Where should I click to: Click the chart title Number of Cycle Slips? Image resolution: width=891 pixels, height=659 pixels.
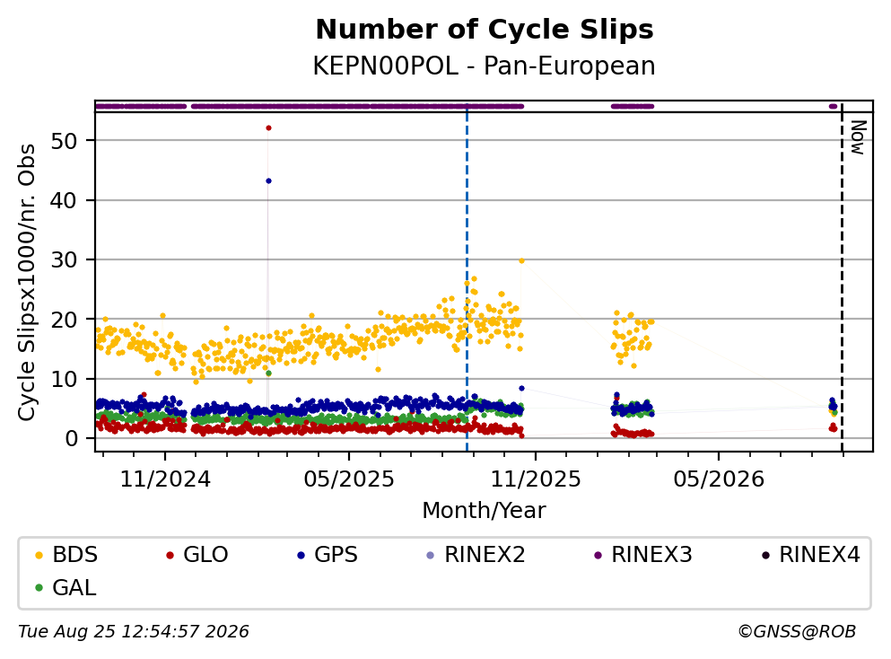(x=485, y=30)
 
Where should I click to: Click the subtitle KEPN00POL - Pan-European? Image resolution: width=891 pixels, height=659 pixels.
(x=485, y=66)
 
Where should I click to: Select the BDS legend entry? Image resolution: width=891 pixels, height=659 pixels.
(x=66, y=554)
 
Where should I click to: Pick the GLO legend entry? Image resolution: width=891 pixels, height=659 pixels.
(x=197, y=554)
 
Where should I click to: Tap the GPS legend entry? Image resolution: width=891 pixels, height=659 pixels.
(x=328, y=554)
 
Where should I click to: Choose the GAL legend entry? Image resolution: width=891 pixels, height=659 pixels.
(x=66, y=587)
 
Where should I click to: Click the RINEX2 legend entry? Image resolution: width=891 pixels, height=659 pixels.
(x=476, y=554)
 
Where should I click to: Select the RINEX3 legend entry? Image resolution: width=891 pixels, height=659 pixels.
(x=643, y=554)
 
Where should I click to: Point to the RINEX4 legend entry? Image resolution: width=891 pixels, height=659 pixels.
(x=811, y=554)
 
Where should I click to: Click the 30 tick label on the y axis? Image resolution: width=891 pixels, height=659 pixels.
(x=64, y=259)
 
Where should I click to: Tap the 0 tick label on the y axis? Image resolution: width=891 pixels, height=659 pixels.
(x=71, y=438)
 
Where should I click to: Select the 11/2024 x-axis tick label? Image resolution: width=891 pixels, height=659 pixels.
(x=165, y=479)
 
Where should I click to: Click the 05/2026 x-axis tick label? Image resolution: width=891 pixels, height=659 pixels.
(x=719, y=479)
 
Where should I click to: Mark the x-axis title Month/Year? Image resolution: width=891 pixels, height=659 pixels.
(x=485, y=510)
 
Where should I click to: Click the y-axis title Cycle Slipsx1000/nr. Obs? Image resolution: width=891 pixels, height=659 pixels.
(x=26, y=283)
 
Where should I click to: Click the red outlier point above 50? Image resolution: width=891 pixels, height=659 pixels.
(x=269, y=127)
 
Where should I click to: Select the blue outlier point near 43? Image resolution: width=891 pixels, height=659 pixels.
(x=269, y=180)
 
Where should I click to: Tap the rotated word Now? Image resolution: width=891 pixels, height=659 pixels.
(x=858, y=137)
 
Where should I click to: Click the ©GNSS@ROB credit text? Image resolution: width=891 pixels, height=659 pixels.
(x=797, y=632)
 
